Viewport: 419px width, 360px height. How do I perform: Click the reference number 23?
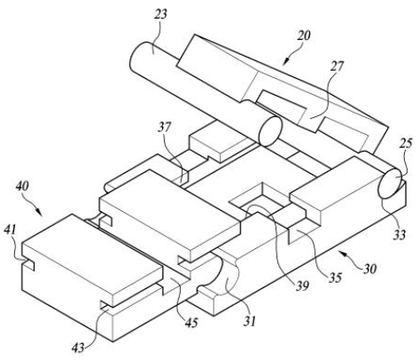click(160, 14)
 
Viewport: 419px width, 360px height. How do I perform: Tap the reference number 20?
click(304, 35)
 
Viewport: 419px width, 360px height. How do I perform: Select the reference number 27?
click(338, 67)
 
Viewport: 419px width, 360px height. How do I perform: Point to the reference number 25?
click(406, 145)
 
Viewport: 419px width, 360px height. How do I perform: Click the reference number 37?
click(164, 128)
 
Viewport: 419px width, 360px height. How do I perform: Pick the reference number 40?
click(22, 186)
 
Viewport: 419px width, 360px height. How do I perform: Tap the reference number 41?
click(11, 230)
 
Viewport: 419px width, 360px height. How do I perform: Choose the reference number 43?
click(78, 348)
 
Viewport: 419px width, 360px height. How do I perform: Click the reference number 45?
click(191, 323)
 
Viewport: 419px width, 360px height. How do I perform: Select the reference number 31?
click(250, 321)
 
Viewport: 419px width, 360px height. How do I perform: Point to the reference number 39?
click(303, 286)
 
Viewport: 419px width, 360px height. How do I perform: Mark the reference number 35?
click(335, 278)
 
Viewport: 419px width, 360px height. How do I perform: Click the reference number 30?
click(369, 269)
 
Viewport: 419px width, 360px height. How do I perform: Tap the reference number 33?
click(399, 235)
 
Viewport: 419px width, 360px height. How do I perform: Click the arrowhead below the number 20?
click(285, 61)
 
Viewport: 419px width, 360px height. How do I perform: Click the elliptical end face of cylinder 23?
click(270, 131)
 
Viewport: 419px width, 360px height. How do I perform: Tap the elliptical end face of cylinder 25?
click(391, 184)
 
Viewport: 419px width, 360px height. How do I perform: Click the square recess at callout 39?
click(260, 198)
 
